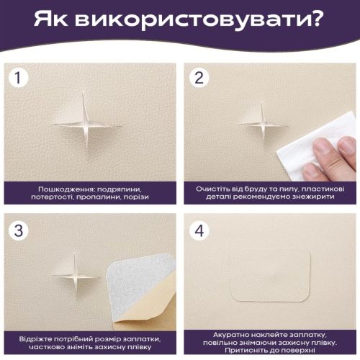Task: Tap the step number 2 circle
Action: pyautogui.click(x=199, y=78)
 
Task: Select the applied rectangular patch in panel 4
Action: pyautogui.click(x=270, y=276)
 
